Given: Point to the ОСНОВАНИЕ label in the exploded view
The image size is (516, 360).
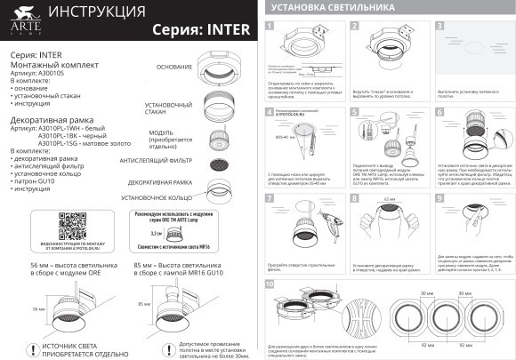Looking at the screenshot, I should tap(174, 68).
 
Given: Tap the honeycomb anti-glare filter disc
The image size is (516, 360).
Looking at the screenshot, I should tap(215, 164).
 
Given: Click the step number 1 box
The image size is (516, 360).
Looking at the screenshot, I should tap(270, 27).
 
